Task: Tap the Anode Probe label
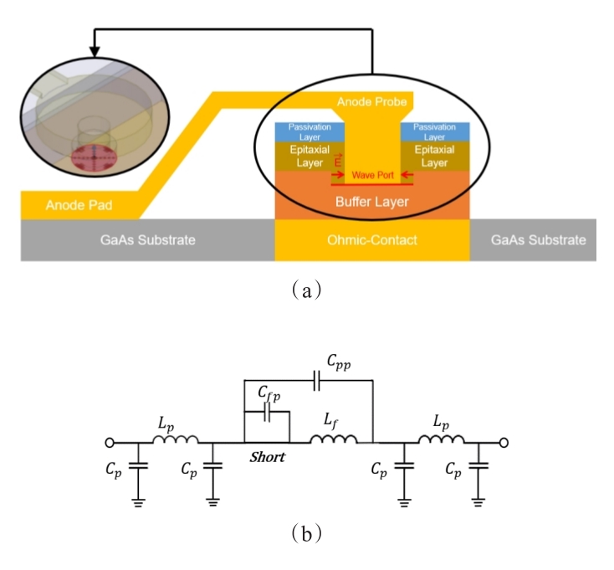371,103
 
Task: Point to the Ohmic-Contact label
371,240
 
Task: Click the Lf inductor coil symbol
335,439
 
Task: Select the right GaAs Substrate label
538,240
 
